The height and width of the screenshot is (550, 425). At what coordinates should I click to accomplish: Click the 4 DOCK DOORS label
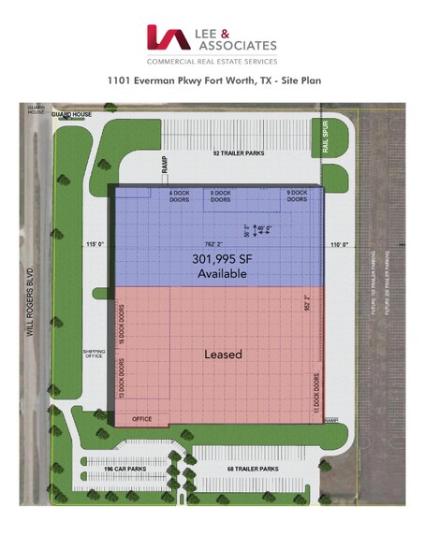click(179, 196)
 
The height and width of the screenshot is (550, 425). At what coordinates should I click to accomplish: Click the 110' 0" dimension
click(339, 245)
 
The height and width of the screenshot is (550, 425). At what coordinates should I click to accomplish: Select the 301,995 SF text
click(219, 260)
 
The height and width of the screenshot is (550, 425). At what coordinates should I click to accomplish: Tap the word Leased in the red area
click(223, 355)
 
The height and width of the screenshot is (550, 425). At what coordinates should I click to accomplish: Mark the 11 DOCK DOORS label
click(317, 392)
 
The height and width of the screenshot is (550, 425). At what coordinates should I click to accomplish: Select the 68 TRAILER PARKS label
click(254, 467)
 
